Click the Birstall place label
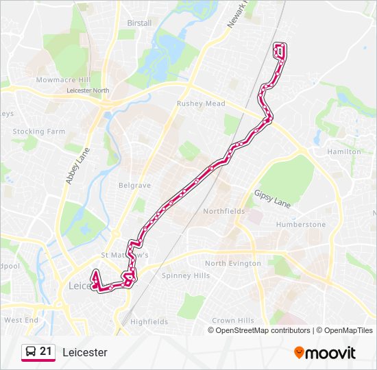coord(139,23)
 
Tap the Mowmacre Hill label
coord(63,80)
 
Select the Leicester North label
coord(88,90)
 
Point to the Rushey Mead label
coord(201,103)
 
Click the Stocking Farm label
coord(38,132)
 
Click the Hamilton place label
coord(344,151)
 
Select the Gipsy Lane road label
coord(272,199)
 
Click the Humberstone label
coord(301,224)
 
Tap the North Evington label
coord(233,263)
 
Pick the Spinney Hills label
coord(186,275)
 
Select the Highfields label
coord(149,321)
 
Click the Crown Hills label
coord(233,320)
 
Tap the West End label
coord(21,320)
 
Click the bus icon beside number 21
coord(31,352)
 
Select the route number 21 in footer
coord(46,351)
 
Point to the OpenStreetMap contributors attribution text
coord(263,330)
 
